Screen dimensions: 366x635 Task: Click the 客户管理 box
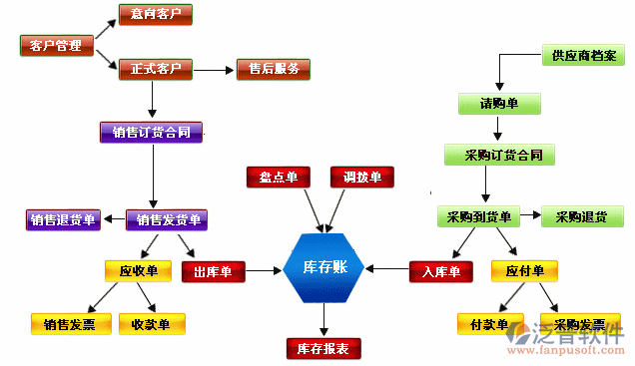coord(56,45)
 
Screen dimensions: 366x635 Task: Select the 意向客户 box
coord(156,14)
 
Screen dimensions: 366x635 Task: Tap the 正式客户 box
coord(156,70)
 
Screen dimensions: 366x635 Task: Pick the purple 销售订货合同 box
coord(152,132)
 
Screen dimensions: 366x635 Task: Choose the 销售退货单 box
coord(63,220)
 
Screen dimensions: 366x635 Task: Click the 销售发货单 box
coord(167,220)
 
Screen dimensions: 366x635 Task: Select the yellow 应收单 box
coord(139,271)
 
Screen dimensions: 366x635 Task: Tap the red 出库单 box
coord(214,271)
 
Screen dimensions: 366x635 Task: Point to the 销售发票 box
coord(63,324)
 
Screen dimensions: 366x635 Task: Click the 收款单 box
coord(152,324)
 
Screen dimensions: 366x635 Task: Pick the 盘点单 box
coord(280,178)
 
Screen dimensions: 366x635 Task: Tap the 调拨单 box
coord(362,178)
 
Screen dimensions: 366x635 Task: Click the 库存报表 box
coord(323,348)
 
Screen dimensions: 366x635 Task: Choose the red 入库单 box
coord(441,271)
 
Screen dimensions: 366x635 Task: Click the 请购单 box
coord(499,104)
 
